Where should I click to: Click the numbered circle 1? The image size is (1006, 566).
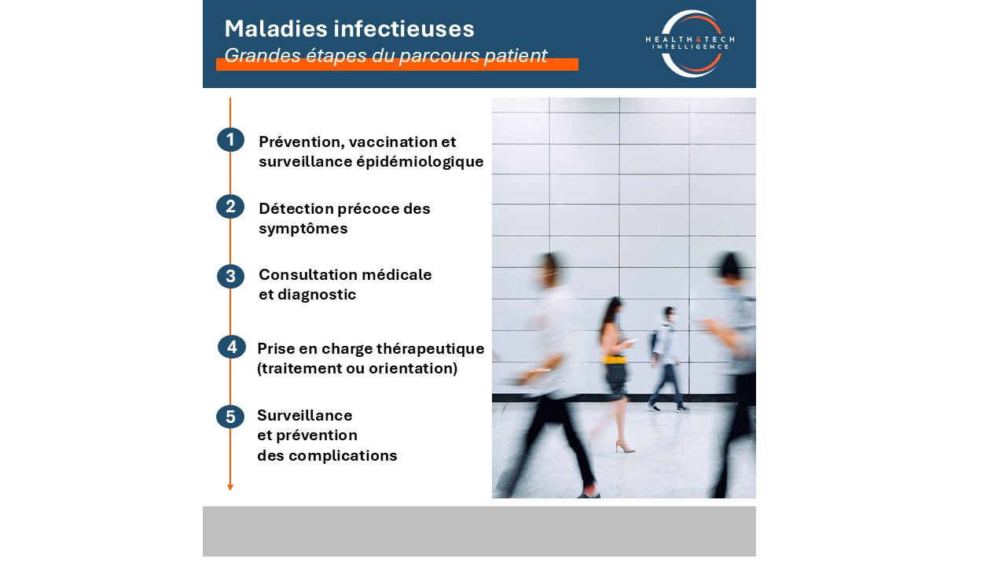tap(230, 140)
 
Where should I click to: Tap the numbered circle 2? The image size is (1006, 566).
tap(230, 207)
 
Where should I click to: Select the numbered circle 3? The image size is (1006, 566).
tap(230, 276)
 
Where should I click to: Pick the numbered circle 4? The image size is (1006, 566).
tap(232, 347)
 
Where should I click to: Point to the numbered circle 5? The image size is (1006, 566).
tap(230, 417)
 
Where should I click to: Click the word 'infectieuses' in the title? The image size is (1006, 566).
tap(404, 29)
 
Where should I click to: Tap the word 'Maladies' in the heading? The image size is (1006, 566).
tap(276, 29)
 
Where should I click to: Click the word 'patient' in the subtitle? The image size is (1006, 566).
tap(516, 56)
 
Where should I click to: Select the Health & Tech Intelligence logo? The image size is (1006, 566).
tap(690, 43)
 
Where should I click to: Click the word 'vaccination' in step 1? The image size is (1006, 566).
tap(392, 142)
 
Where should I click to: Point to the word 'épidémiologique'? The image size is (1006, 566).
tap(420, 162)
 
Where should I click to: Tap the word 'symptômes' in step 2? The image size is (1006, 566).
tap(303, 229)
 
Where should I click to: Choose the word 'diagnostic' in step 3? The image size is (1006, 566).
tap(317, 295)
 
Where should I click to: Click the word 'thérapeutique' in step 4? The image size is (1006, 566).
tap(430, 349)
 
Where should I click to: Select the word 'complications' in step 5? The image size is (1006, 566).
tap(343, 456)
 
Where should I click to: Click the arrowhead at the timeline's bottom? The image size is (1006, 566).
tap(230, 487)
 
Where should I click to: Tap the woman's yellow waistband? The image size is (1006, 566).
tap(615, 360)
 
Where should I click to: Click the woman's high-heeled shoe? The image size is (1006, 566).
tap(625, 447)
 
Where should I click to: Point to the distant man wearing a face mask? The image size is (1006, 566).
tap(667, 358)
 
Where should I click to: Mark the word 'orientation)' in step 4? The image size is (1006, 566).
tap(413, 369)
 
